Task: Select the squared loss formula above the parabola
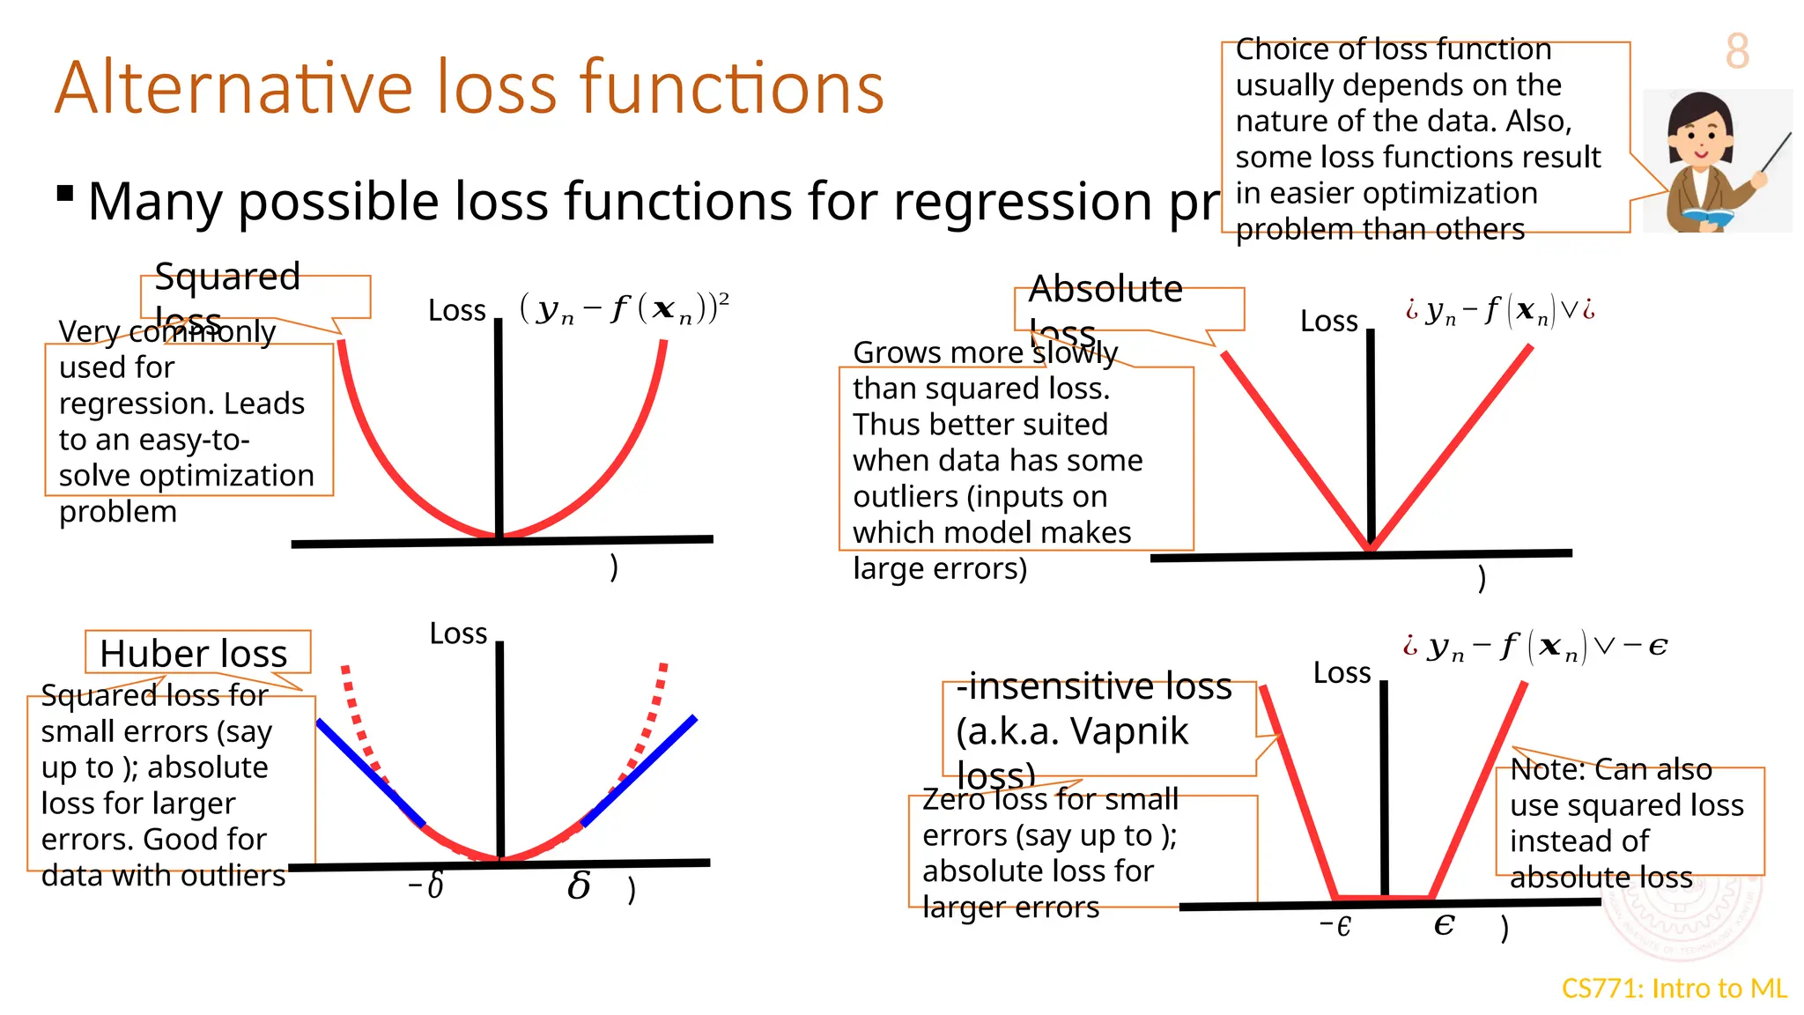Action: pos(624,309)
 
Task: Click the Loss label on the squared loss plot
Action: pos(456,311)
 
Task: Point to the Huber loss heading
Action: pos(194,654)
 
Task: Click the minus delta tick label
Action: pos(426,885)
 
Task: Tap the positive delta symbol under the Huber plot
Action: pos(579,885)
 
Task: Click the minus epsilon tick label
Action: pos(1335,926)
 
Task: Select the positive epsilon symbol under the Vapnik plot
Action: pos(1444,924)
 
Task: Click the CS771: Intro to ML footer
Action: pos(1674,989)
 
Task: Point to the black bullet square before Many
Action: pos(64,193)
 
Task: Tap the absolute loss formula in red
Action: pos(1500,310)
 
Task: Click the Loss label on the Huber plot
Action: pos(458,633)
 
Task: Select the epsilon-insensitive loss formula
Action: pos(1535,647)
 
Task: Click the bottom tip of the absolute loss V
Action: pos(1371,548)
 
